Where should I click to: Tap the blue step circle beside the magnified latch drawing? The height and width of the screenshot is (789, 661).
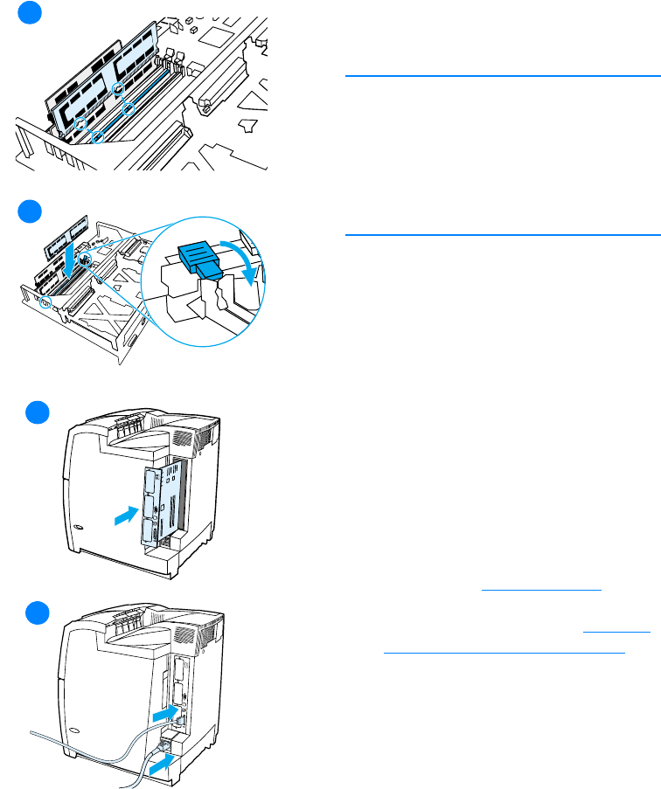point(31,212)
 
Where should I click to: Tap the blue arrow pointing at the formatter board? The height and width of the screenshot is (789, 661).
point(127,518)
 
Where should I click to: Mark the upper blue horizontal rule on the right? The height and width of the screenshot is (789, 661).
point(502,76)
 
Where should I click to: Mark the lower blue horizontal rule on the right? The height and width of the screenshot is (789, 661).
point(502,234)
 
